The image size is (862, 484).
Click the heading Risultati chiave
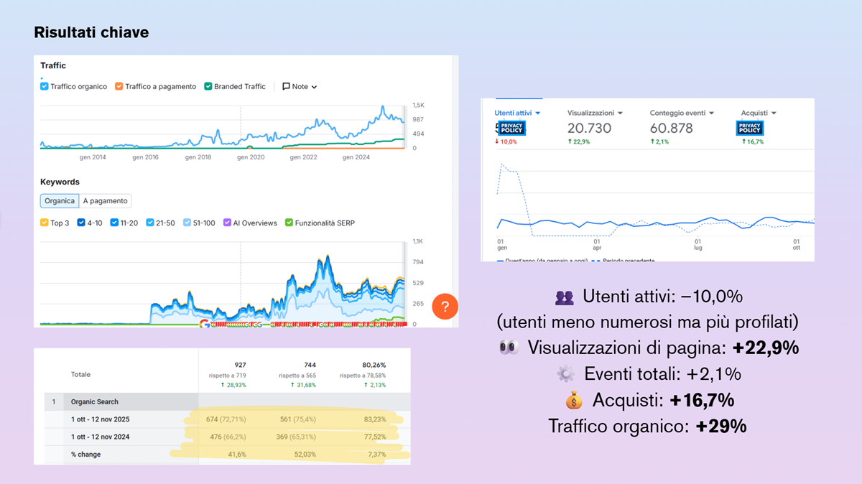point(91,32)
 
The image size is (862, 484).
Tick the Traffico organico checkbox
point(45,87)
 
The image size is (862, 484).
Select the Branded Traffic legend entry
point(235,87)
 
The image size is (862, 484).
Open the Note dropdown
point(300,87)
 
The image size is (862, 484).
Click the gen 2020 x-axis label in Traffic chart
point(251,157)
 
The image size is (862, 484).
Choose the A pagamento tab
point(106,201)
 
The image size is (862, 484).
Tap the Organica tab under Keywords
point(60,201)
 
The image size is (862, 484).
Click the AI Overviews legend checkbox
point(228,223)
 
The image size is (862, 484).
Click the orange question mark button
point(445,307)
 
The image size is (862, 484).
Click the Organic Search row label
point(95,402)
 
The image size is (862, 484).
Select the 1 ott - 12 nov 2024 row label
point(100,437)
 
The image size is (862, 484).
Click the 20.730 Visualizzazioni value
point(589,129)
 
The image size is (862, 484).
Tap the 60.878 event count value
point(671,129)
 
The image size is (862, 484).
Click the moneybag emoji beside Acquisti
point(573,400)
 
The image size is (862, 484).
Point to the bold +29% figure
point(721,426)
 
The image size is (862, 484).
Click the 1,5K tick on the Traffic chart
point(418,106)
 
